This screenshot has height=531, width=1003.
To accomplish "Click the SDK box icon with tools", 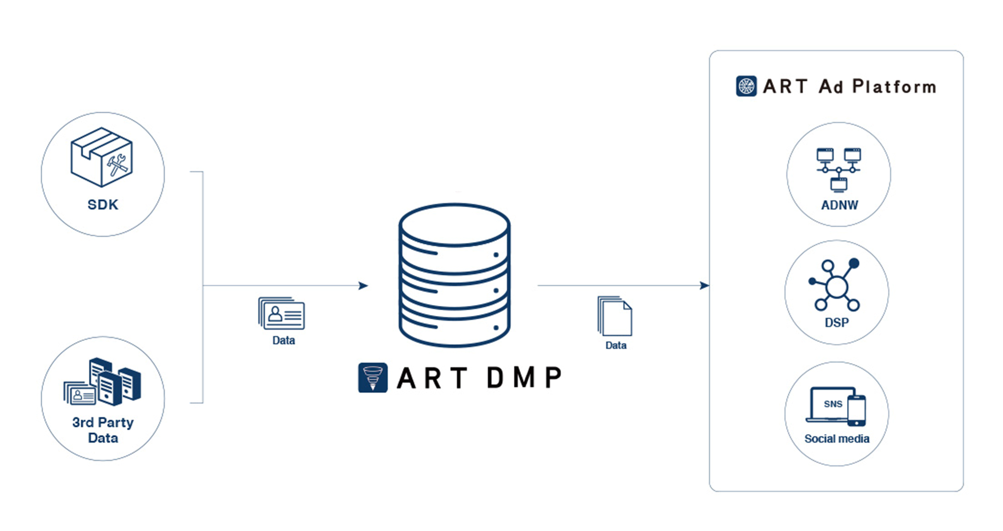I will point(102,157).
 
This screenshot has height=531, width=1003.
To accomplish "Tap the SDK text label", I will point(103,205).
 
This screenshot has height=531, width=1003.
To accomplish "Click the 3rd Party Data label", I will point(103,430).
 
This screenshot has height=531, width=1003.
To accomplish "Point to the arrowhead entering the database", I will point(364,286).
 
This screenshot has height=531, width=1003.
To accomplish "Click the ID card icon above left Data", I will point(282,313).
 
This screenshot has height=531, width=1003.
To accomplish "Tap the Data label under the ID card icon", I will point(283,340).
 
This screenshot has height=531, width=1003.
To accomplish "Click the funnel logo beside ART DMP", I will point(373,378).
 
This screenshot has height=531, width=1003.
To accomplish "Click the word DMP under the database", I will point(524,378).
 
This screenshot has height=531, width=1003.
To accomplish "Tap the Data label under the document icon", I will point(616,345).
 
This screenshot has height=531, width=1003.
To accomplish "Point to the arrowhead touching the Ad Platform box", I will point(705,286).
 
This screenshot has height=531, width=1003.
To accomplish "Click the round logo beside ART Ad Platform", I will point(746,86).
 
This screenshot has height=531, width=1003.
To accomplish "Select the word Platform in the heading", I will point(894,87).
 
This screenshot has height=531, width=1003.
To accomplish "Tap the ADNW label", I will point(840,205).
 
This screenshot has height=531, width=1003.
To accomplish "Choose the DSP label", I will point(837,322).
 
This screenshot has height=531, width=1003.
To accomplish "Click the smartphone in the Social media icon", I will point(857,411).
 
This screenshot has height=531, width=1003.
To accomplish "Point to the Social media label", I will point(837,439).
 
